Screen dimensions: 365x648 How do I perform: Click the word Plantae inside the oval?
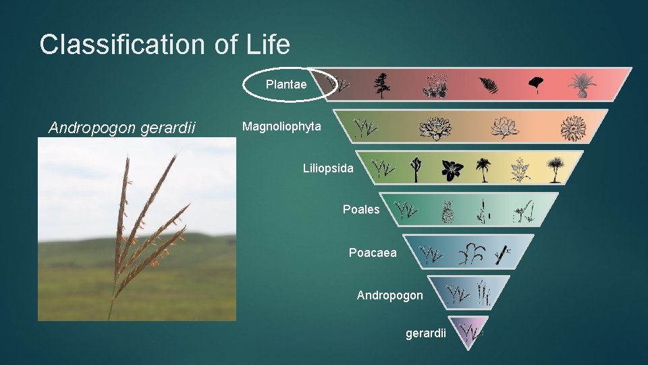click(x=286, y=84)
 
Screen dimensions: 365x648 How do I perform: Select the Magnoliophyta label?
click(x=281, y=127)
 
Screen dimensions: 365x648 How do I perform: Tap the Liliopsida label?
click(x=327, y=168)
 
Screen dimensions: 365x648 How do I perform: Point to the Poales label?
click(x=361, y=210)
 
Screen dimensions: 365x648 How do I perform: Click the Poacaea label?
click(x=373, y=253)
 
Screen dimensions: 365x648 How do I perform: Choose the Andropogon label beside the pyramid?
click(x=389, y=295)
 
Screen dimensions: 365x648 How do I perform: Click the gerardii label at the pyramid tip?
click(x=425, y=333)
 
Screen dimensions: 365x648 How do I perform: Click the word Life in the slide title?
click(x=266, y=45)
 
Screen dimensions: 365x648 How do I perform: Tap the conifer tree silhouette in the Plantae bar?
click(x=383, y=85)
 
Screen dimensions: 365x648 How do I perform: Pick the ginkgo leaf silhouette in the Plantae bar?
click(x=535, y=84)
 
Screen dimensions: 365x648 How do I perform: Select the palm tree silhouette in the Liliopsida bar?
click(x=483, y=170)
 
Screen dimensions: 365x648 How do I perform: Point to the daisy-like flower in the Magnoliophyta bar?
click(x=574, y=127)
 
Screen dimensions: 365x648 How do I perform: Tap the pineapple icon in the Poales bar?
click(x=447, y=212)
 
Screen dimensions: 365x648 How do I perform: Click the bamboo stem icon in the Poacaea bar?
click(x=500, y=254)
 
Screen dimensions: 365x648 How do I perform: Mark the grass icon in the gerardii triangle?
click(x=469, y=332)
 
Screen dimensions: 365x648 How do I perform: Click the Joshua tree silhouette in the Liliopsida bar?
click(x=416, y=170)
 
